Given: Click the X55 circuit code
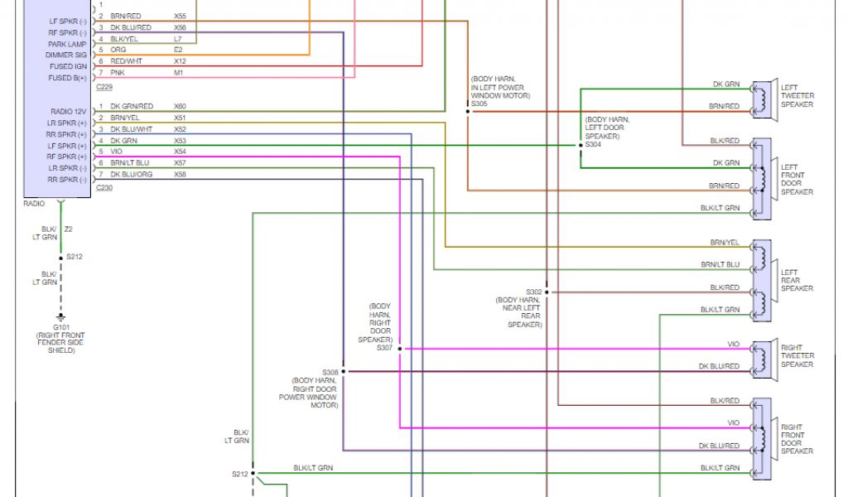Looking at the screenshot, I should (x=180, y=16).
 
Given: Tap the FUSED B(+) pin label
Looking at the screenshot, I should (x=60, y=78).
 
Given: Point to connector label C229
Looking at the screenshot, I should (x=104, y=87).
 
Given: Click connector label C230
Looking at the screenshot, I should (x=104, y=188).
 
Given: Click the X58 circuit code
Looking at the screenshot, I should (x=180, y=174).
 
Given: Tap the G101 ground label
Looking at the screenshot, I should (x=59, y=328).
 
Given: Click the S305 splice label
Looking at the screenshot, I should (x=479, y=104).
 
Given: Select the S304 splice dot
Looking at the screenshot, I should (x=581, y=145).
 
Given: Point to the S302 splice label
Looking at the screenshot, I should (x=533, y=292).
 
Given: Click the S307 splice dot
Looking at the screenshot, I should (x=399, y=349).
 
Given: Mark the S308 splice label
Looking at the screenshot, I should (x=330, y=372).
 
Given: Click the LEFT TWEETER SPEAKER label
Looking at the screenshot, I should (x=797, y=97).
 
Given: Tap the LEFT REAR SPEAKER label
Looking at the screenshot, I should (x=797, y=280).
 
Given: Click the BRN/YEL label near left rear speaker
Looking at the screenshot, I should (x=725, y=243).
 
